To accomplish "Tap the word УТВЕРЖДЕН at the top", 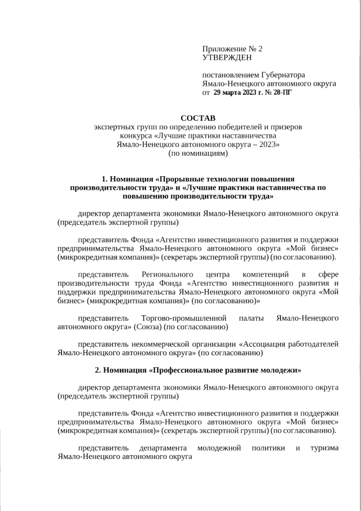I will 227,57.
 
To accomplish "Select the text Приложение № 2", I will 232,49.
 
